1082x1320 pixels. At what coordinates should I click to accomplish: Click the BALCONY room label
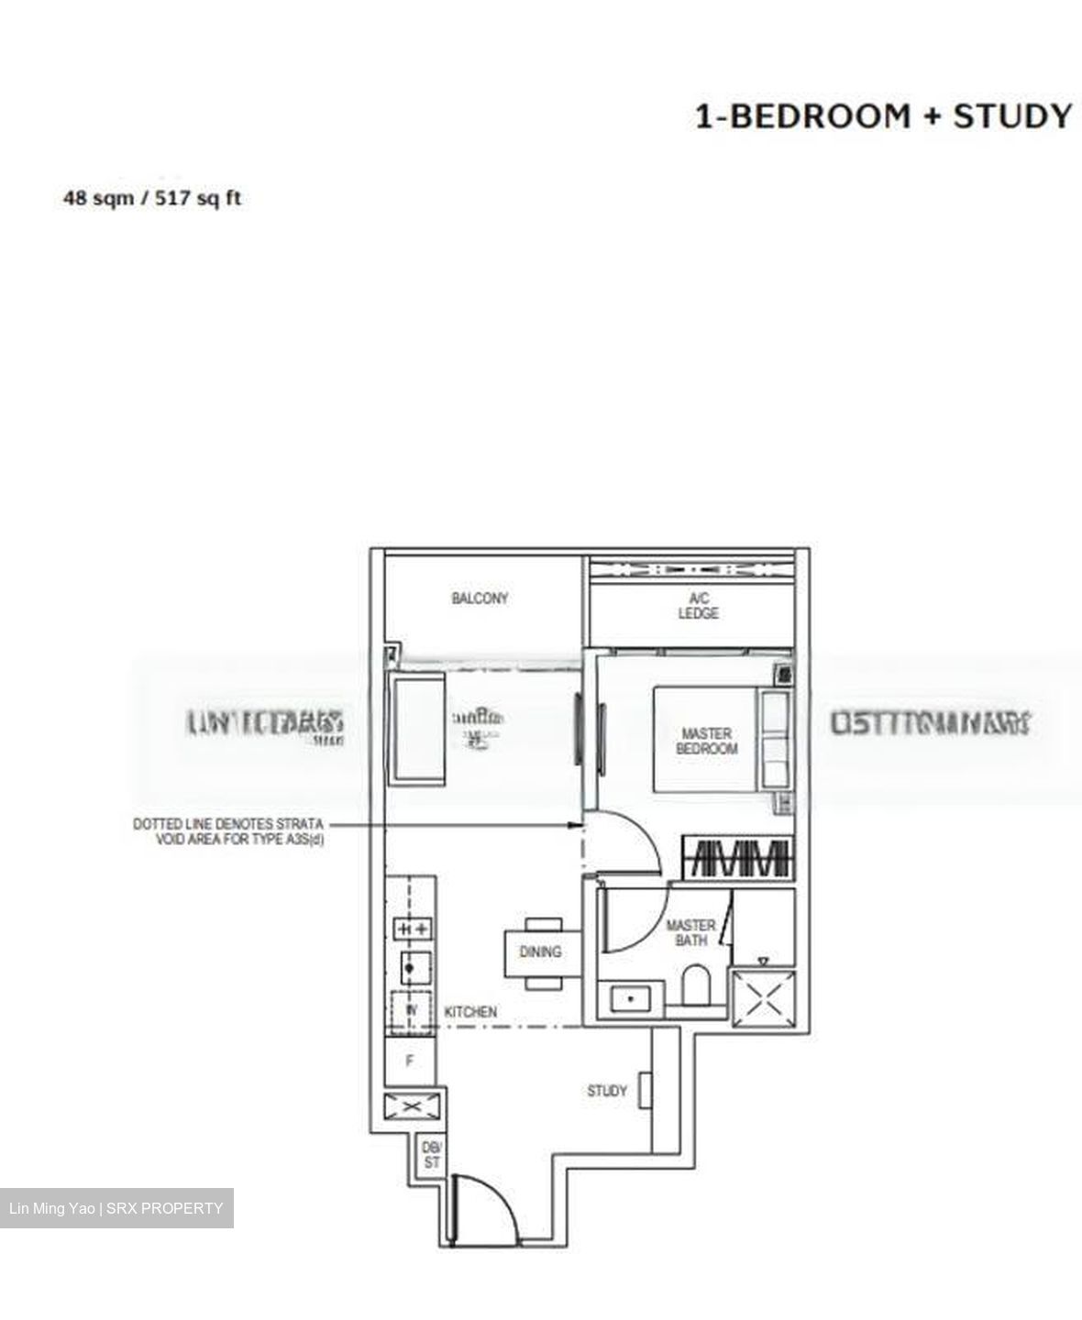coord(480,599)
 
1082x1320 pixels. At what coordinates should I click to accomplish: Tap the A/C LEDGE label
coord(698,606)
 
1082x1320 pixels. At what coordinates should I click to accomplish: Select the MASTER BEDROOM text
coord(706,741)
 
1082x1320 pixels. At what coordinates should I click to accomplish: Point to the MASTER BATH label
coord(690,933)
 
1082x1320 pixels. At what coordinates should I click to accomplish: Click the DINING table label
coord(540,952)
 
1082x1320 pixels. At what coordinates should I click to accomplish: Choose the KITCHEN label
coord(470,1012)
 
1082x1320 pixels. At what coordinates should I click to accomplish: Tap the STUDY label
coord(607,1091)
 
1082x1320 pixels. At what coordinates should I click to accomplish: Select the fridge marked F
coord(410,1061)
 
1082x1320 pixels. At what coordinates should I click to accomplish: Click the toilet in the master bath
coord(696,986)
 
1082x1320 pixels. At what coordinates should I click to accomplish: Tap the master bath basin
coord(630,997)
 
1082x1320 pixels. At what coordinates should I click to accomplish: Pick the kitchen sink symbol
coord(412,965)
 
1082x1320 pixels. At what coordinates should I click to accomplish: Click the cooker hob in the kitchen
coord(412,929)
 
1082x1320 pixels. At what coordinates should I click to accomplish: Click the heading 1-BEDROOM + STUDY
coord(883,117)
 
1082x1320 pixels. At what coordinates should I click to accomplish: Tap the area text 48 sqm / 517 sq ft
coord(151,198)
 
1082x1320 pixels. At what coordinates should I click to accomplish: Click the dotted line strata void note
coord(227,831)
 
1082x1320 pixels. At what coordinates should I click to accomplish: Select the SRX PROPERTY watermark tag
coord(116,1208)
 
